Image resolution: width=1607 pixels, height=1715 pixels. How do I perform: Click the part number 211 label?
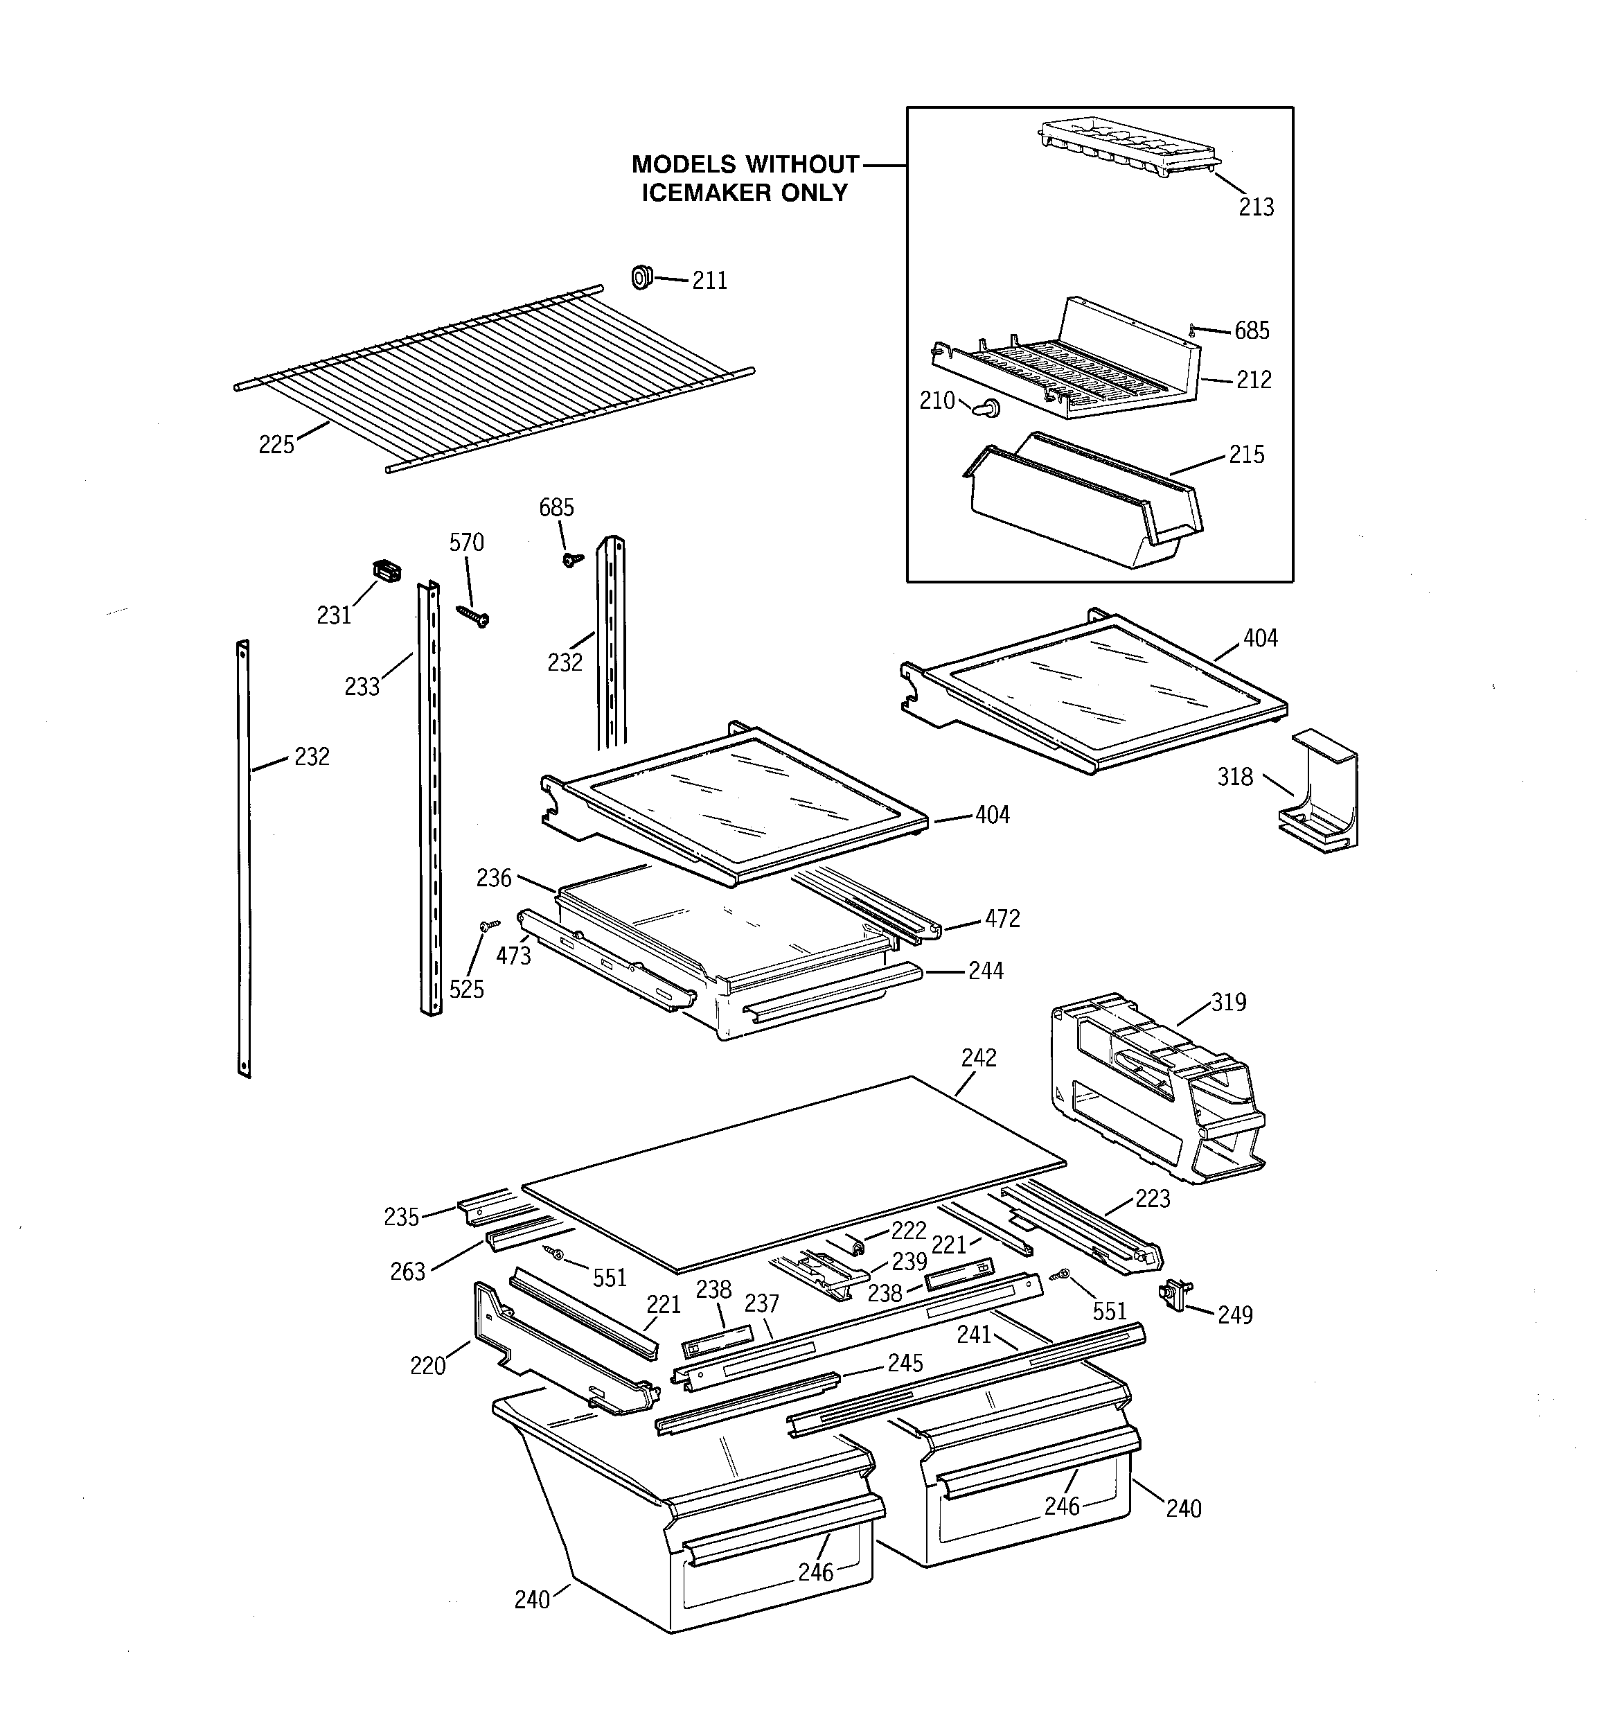point(709,281)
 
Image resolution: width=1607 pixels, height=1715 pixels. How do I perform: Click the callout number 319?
point(1228,1003)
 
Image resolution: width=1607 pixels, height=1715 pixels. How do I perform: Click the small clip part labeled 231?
point(387,570)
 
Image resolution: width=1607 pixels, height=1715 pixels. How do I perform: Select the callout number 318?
point(1234,777)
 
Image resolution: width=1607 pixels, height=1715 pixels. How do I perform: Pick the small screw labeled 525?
point(489,926)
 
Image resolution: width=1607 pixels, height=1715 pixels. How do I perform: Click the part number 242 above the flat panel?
point(978,1057)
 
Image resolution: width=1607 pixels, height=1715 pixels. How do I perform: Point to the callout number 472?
point(1002,919)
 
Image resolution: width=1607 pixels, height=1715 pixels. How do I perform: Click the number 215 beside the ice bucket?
point(1245,455)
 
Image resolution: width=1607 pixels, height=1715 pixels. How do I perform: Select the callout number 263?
point(407,1272)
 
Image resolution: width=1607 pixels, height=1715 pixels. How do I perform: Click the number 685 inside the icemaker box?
point(1251,331)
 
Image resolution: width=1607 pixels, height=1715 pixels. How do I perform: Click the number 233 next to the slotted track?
point(362,687)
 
